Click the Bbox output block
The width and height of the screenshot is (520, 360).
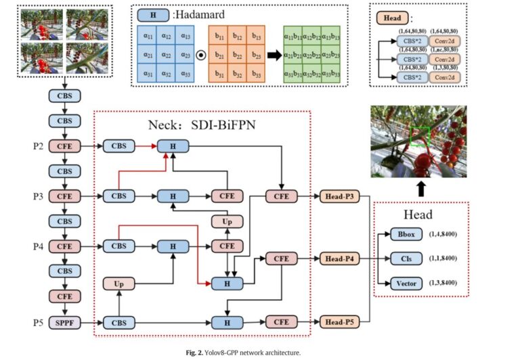pos(406,234)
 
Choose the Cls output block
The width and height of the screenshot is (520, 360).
pos(406,258)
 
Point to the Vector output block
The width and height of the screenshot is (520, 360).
pos(406,283)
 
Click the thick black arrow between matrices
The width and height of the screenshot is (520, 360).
pos(274,55)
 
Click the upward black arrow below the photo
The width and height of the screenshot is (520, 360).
pos(421,187)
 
